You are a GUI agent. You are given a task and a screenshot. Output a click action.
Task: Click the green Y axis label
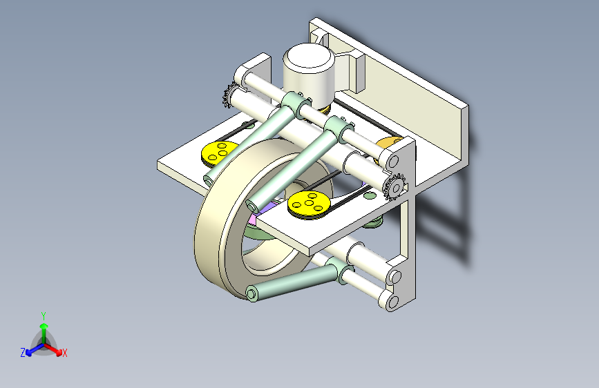click(44, 316)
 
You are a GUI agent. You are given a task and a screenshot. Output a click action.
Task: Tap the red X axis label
click(64, 353)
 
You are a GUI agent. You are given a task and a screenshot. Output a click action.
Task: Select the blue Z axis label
click(23, 353)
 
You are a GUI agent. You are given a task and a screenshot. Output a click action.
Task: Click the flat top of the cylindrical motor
click(309, 57)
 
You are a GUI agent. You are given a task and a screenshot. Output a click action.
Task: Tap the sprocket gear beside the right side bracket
click(395, 187)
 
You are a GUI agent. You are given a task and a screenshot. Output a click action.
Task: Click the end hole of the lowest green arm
click(251, 294)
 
